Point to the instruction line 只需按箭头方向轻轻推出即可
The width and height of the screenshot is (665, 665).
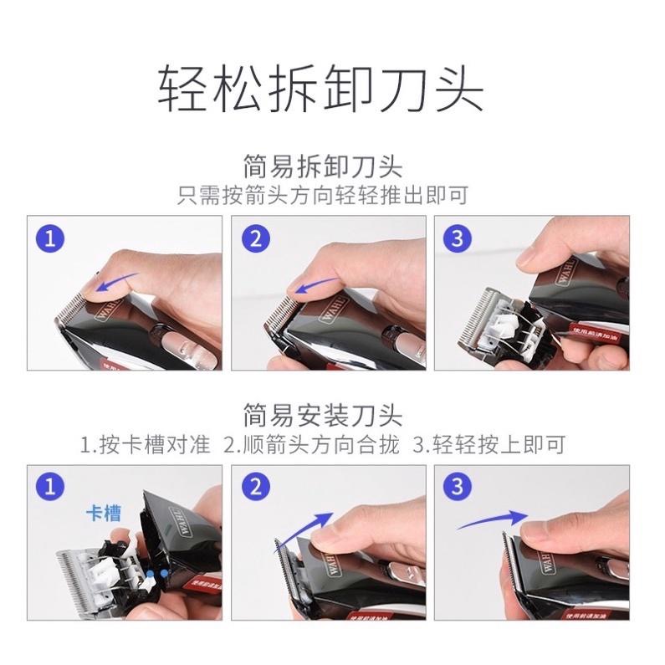[322, 196]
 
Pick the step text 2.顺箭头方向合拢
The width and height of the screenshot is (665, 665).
[311, 443]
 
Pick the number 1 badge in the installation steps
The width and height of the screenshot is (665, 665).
[53, 486]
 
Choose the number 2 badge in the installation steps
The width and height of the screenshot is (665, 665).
[257, 486]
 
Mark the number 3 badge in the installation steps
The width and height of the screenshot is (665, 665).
[456, 486]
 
